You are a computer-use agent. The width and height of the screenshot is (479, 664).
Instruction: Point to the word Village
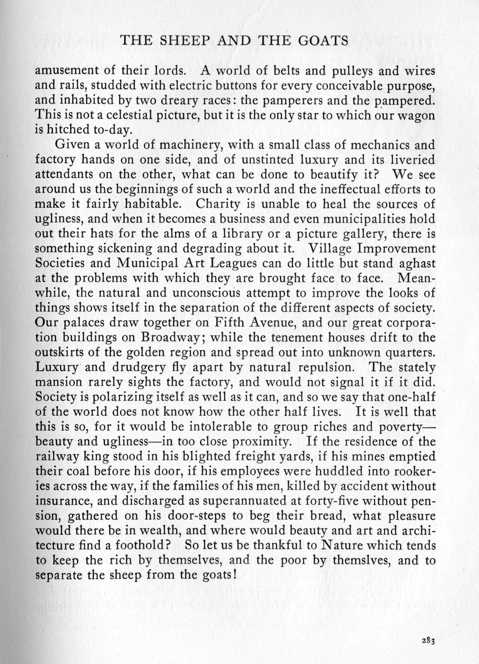pos(329,249)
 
